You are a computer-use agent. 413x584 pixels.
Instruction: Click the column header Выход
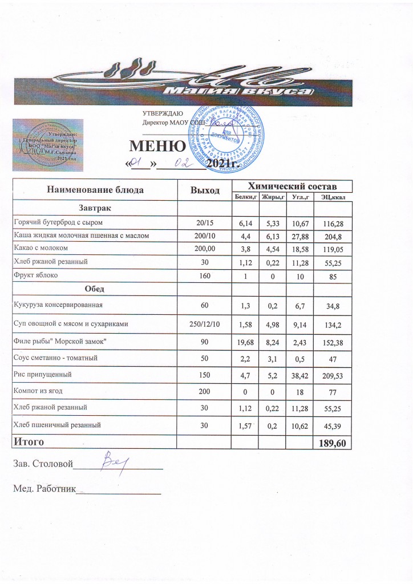pyautogui.click(x=204, y=190)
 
